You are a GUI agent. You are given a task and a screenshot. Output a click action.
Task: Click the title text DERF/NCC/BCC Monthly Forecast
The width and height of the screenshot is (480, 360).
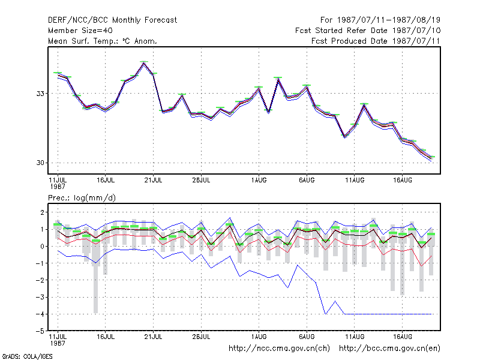tap(112, 20)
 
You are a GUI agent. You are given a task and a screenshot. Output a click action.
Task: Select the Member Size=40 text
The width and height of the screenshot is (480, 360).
tap(80, 31)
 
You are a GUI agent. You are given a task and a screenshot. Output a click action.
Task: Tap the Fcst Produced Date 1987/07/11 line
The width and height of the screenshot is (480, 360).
tap(376, 41)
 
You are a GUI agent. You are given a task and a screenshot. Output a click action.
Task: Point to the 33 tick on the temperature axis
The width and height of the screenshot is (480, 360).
tap(40, 94)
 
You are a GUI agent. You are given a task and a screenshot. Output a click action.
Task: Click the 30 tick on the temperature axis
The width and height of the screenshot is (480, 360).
tap(40, 163)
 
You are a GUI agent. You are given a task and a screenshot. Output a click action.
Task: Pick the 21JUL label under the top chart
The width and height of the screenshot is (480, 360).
tap(154, 181)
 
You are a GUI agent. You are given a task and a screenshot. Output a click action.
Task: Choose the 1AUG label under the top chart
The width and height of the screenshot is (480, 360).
tap(259, 181)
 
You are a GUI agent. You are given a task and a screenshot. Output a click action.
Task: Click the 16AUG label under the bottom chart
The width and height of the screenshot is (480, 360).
tap(403, 337)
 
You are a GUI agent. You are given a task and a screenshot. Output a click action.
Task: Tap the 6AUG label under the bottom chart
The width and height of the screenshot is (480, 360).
tap(307, 337)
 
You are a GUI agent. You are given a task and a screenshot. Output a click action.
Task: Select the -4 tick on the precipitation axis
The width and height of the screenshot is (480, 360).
tap(40, 314)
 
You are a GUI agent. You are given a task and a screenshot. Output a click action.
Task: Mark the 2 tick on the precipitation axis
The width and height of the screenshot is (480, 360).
tap(42, 212)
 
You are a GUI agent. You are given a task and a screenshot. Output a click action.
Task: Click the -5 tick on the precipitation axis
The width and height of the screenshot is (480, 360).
tap(40, 331)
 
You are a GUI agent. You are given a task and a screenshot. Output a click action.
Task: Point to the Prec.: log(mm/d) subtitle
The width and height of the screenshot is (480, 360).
tap(82, 198)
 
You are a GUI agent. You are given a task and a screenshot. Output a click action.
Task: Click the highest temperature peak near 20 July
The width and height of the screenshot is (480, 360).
tap(144, 63)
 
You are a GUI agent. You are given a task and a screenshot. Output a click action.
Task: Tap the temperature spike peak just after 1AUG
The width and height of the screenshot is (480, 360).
tap(278, 79)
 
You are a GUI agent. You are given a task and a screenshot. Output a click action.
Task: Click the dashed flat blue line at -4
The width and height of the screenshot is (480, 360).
tap(388, 314)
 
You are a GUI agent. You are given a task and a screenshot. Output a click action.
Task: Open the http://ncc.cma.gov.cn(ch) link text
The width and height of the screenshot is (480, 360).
tap(279, 349)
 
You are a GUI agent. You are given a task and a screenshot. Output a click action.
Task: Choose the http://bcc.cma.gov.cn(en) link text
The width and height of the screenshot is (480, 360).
tap(389, 349)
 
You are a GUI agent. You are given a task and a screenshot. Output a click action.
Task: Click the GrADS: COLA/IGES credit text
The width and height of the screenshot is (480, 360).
tap(27, 356)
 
